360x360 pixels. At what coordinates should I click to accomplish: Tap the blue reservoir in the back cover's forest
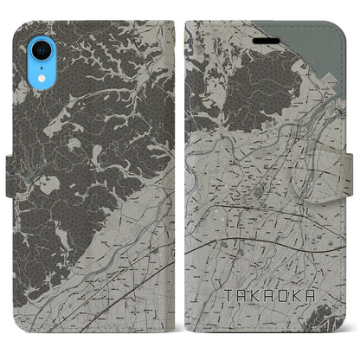coord(45,184)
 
